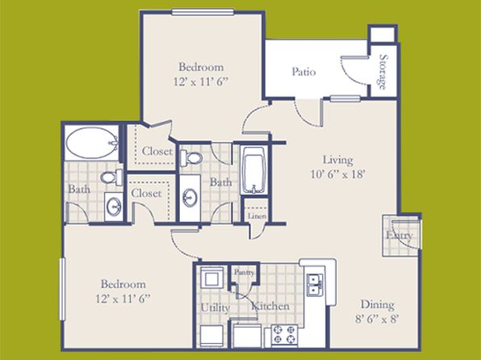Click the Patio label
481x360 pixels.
point(303,72)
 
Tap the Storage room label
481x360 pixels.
point(383,72)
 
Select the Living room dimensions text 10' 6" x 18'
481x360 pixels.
point(337,174)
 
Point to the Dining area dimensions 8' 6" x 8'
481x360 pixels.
point(377,319)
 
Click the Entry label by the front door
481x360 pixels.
point(399,236)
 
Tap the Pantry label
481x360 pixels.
point(245,272)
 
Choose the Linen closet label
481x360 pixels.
point(257,216)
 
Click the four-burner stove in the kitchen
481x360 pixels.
point(284,334)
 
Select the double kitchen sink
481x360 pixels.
point(315,285)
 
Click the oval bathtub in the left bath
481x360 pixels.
point(91,142)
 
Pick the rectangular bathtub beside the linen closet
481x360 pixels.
point(253,170)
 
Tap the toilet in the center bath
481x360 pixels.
point(190,158)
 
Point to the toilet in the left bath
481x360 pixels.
point(111,178)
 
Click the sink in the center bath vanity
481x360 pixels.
point(190,198)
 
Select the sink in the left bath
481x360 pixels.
point(114,207)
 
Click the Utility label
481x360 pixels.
point(215,308)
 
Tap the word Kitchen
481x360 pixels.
point(270,306)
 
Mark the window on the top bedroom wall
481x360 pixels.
point(203,12)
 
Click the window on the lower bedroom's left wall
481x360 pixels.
point(63,289)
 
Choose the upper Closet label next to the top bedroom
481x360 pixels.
point(157,151)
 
